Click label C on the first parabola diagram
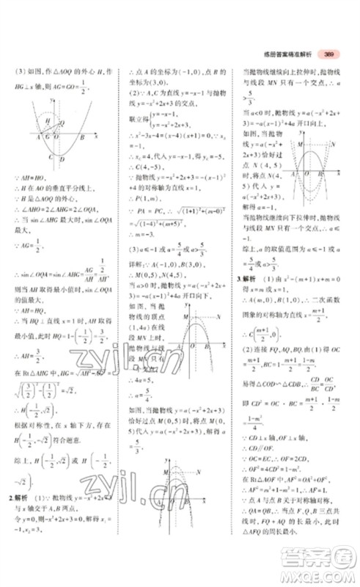[x=49, y=156]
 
